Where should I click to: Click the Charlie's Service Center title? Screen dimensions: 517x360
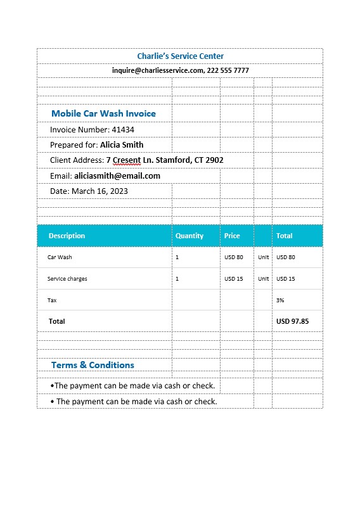[180, 56]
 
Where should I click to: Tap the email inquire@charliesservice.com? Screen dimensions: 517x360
[157, 70]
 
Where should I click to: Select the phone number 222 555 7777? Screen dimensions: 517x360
[228, 70]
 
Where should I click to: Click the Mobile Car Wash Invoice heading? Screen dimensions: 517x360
[103, 113]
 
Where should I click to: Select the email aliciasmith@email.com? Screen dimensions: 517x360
[117, 176]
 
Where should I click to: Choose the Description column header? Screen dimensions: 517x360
[67, 236]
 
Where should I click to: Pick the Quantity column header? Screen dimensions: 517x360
[190, 236]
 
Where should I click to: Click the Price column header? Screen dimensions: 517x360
[232, 236]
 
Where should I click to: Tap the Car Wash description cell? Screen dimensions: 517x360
[60, 257]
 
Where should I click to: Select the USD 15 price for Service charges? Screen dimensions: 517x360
[234, 279]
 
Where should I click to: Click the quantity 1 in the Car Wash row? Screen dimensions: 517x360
[177, 257]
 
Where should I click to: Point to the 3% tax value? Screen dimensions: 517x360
[280, 300]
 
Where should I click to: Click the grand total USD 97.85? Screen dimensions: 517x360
[292, 321]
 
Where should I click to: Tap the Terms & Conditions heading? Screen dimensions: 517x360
[93, 365]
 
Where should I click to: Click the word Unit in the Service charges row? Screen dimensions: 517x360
[264, 279]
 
